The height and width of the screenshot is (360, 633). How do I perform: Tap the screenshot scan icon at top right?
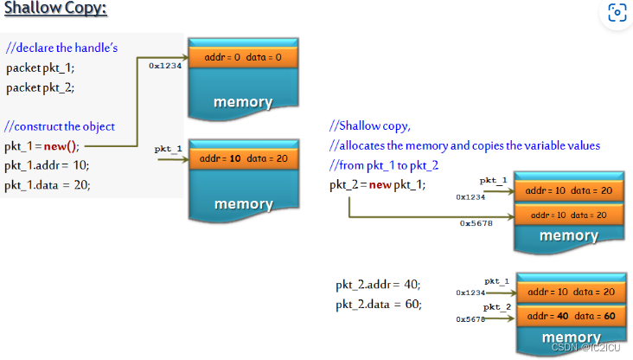pyautogui.click(x=616, y=12)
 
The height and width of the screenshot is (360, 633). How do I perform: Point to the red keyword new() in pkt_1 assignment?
pyautogui.click(x=61, y=145)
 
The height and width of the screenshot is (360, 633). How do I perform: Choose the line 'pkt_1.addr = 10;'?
pyautogui.click(x=47, y=164)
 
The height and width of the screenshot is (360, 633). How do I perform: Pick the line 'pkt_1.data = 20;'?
pyautogui.click(x=47, y=184)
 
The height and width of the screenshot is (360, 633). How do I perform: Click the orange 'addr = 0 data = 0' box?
pyautogui.click(x=243, y=58)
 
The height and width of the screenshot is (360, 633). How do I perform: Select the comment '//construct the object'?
pyautogui.click(x=59, y=126)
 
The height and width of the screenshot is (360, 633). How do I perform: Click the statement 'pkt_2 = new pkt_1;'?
pyautogui.click(x=377, y=184)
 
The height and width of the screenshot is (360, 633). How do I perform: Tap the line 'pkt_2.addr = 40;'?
pyautogui.click(x=379, y=285)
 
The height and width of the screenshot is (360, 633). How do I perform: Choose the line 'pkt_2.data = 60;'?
pyautogui.click(x=379, y=305)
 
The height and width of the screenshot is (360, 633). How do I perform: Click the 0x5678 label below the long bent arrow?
pyautogui.click(x=476, y=222)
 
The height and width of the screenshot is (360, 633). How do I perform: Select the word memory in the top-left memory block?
pyautogui.click(x=243, y=102)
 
